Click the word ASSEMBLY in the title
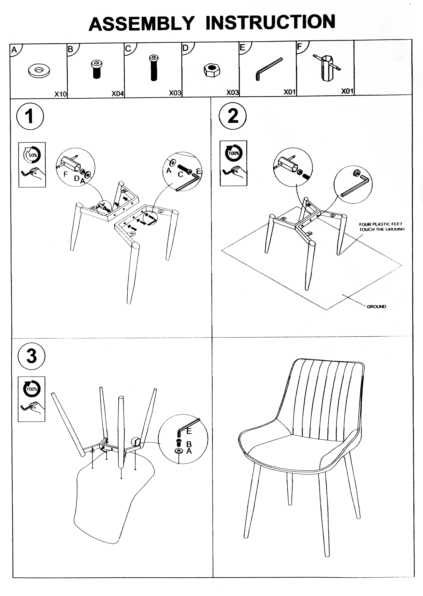tap(142, 24)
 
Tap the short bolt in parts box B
tap(97, 69)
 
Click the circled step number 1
tap(30, 116)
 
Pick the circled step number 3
tap(32, 356)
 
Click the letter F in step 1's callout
tap(66, 174)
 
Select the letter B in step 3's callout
tap(189, 444)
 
